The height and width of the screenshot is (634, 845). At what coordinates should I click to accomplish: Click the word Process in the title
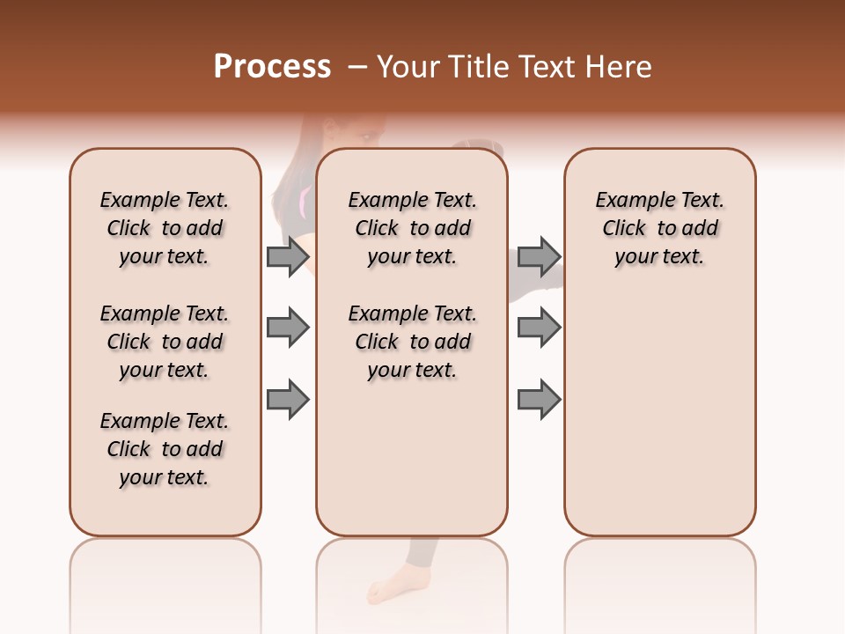pyautogui.click(x=272, y=66)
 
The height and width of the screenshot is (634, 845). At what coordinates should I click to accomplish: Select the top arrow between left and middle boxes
pyautogui.click(x=288, y=256)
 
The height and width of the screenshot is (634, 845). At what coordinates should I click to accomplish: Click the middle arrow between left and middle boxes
pyautogui.click(x=288, y=328)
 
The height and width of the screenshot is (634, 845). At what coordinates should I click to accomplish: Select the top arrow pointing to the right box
pyautogui.click(x=539, y=256)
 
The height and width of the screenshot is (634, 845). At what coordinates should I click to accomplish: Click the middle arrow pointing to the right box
pyautogui.click(x=539, y=328)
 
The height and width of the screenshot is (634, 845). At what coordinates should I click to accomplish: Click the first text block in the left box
pyautogui.click(x=165, y=228)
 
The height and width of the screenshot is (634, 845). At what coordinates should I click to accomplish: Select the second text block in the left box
pyautogui.click(x=165, y=342)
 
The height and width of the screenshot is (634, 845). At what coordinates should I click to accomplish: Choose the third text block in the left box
pyautogui.click(x=165, y=449)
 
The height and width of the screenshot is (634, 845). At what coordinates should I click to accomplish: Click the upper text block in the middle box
pyautogui.click(x=413, y=228)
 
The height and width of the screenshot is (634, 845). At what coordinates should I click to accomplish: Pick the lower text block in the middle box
pyautogui.click(x=413, y=342)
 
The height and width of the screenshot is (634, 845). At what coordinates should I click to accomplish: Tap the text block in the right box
pyautogui.click(x=660, y=228)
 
